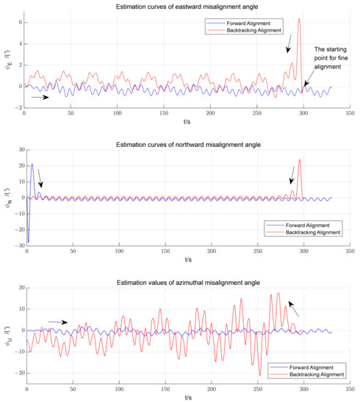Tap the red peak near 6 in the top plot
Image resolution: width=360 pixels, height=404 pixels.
click(x=298, y=20)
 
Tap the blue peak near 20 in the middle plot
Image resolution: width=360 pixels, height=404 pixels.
click(x=32, y=165)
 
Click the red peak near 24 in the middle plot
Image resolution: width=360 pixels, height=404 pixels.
click(x=299, y=160)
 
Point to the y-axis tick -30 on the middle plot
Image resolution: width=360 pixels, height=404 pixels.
click(x=16, y=245)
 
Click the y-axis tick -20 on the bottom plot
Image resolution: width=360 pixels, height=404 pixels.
click(x=16, y=373)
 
